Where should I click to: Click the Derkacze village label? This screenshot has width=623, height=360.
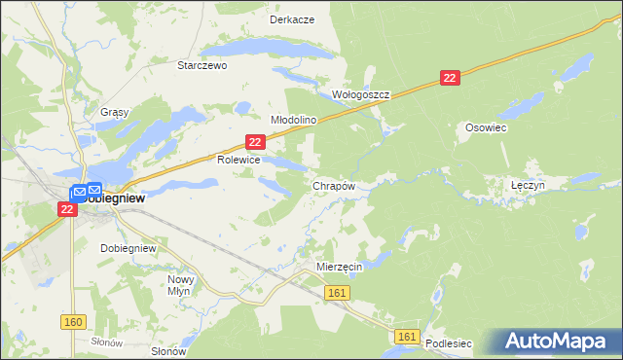pyautogui.click(x=292, y=19)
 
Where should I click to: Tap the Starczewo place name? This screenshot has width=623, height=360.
pyautogui.click(x=202, y=65)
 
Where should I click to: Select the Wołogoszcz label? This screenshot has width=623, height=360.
pyautogui.click(x=360, y=95)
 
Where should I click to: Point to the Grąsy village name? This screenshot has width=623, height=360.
pyautogui.click(x=114, y=112)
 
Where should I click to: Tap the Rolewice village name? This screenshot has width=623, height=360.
pyautogui.click(x=238, y=160)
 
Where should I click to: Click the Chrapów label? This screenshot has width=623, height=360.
pyautogui.click(x=333, y=185)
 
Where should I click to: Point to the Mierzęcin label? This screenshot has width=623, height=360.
pyautogui.click(x=340, y=266)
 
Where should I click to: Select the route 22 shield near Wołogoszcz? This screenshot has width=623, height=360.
pyautogui.click(x=449, y=78)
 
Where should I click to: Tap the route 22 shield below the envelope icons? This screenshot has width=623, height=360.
pyautogui.click(x=67, y=209)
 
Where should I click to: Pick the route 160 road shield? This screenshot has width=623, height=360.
pyautogui.click(x=71, y=321)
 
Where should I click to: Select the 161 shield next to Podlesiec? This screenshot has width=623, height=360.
pyautogui.click(x=408, y=337)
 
